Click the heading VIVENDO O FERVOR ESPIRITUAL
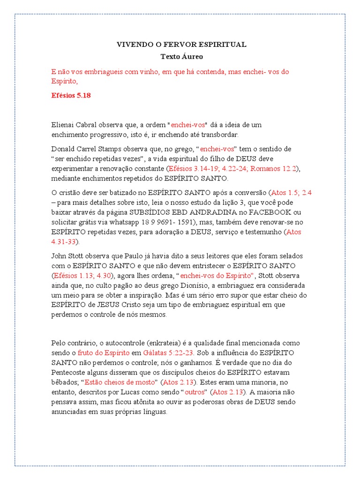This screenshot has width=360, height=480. [x=181, y=45]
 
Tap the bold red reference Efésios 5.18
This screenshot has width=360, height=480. [x=71, y=95]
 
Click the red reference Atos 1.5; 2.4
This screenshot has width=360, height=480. [x=292, y=192]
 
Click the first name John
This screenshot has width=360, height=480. [x=59, y=256]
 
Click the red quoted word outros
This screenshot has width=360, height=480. [x=195, y=392]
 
